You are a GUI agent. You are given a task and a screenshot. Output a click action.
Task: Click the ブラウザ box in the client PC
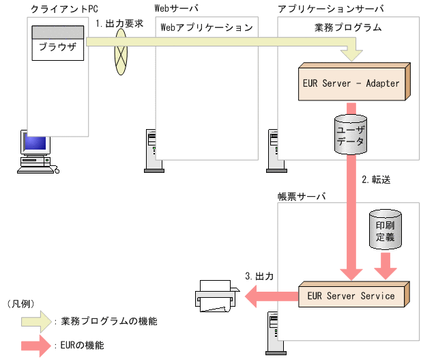click(x=57, y=49)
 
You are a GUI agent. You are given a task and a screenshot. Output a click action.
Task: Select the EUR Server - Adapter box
click(x=351, y=83)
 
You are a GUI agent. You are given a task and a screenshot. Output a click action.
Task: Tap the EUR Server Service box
click(x=351, y=296)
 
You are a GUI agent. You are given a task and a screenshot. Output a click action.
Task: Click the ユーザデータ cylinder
click(x=351, y=135)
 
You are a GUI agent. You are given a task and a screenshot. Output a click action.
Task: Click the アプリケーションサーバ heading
click(x=330, y=9)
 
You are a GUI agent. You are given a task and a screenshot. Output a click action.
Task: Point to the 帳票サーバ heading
click(x=302, y=195)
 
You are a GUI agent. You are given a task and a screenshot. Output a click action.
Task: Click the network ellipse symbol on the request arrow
click(x=121, y=51)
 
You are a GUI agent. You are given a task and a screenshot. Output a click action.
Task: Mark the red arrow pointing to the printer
click(x=271, y=296)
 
